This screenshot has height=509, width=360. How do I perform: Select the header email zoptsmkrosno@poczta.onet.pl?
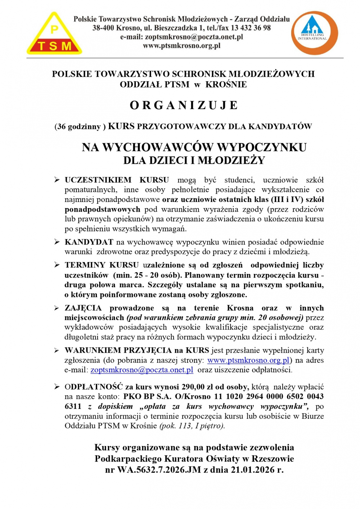pos(194,37)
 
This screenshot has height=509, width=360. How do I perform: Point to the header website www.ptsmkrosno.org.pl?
pos(181,46)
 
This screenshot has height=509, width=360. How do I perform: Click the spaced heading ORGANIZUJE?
pos(184,105)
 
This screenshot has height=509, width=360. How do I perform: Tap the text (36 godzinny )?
pos(80,127)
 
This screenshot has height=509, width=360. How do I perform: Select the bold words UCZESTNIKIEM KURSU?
pos(117,180)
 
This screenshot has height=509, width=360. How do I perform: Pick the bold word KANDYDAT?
pos(89,242)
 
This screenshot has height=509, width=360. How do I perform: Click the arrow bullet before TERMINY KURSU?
pos(57,265)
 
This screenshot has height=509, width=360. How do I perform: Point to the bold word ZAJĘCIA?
pos(83,308)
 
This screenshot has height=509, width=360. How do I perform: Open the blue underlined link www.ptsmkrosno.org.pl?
pos(248,360)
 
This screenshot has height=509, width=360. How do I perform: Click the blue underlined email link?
pos(142,370)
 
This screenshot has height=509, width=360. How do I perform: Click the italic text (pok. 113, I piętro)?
pos(192,426)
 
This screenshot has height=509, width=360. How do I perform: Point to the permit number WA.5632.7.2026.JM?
pos(159,470)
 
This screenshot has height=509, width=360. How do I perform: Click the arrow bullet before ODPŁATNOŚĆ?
pos(57,387)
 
